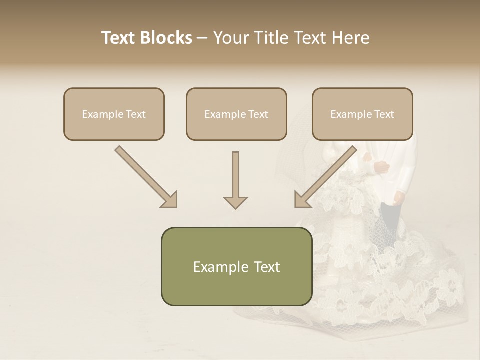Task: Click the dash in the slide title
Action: tap(203, 38)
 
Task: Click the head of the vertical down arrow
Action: tap(235, 202)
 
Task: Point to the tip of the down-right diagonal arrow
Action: tap(175, 205)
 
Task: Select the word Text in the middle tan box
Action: tap(258, 114)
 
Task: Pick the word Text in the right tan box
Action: tap(384, 114)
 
